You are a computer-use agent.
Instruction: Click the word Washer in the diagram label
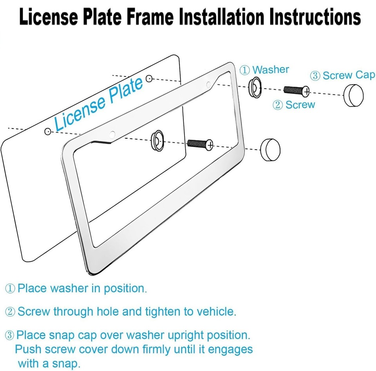click(x=271, y=70)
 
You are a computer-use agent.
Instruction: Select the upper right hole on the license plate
click(x=148, y=79)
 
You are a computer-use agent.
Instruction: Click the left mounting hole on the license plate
click(x=48, y=132)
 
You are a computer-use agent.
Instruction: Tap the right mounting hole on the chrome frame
click(x=209, y=83)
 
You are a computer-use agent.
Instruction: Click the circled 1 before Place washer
click(x=10, y=289)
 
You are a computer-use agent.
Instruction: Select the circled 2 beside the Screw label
click(x=277, y=105)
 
